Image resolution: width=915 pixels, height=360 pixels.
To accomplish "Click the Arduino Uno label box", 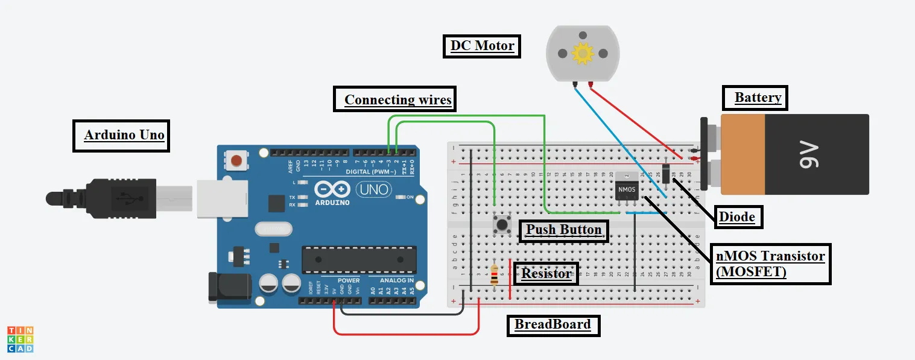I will click(x=124, y=135).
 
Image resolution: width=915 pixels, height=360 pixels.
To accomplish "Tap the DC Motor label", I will click(x=482, y=46).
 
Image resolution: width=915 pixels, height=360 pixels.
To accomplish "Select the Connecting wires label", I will click(x=397, y=99).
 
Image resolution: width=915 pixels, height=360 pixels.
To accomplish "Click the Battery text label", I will click(x=757, y=98).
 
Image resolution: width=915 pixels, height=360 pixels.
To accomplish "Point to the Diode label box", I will click(x=737, y=217).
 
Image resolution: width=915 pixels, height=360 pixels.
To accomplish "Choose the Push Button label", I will click(x=563, y=230).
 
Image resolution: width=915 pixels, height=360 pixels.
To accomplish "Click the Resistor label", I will click(x=546, y=274).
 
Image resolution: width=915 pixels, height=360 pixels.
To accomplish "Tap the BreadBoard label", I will click(x=552, y=324).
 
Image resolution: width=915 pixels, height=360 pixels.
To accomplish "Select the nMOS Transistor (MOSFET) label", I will click(x=770, y=264).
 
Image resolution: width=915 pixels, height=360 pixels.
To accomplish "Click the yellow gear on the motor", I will click(x=583, y=54).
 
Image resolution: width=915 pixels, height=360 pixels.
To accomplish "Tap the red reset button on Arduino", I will click(x=237, y=160).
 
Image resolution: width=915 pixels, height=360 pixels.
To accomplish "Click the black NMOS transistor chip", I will click(x=626, y=189).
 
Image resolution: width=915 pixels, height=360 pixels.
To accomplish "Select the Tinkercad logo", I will click(x=20, y=339).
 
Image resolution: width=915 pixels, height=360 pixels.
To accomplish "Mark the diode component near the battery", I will click(x=666, y=173).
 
